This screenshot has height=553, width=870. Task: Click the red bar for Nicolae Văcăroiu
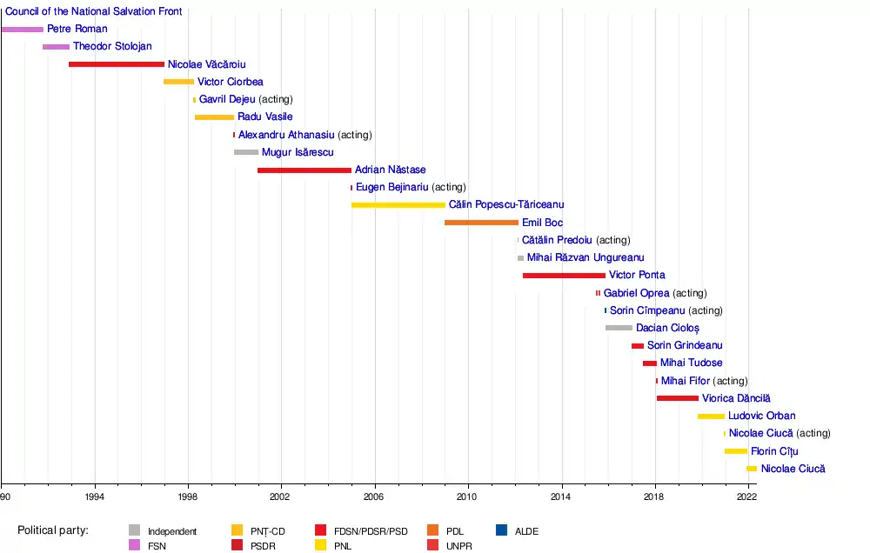tap(116, 64)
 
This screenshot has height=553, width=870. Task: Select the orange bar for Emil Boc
tap(481, 223)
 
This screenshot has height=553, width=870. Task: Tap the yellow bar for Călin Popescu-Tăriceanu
tap(398, 205)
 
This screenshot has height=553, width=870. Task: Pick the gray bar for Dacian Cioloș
tap(619, 328)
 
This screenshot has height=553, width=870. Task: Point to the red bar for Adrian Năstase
tap(304, 170)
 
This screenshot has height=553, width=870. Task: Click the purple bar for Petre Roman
tap(22, 30)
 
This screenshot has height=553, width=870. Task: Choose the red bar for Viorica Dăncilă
tap(678, 398)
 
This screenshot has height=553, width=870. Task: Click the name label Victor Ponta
tap(637, 276)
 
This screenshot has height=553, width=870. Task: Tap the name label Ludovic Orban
tap(761, 416)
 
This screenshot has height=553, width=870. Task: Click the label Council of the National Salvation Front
tap(94, 12)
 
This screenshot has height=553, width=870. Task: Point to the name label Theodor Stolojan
tap(112, 47)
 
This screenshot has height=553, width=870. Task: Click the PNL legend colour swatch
tap(321, 545)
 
